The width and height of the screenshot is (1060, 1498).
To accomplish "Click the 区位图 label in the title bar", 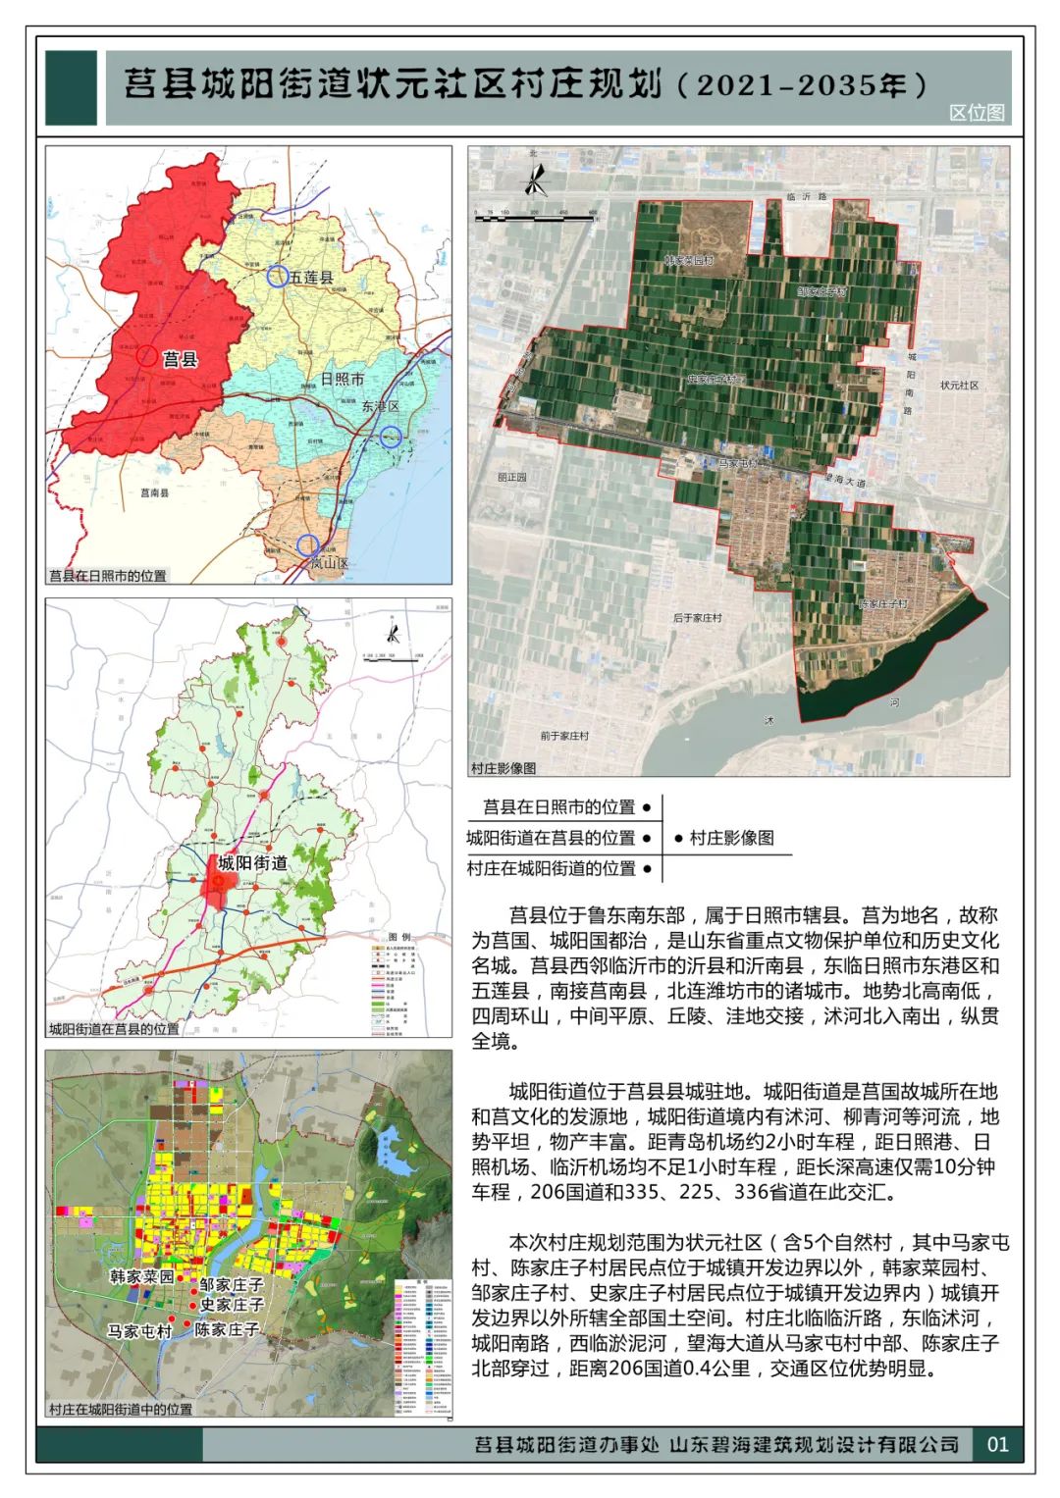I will (x=977, y=113).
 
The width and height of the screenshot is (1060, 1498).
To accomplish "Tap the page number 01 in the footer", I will (x=997, y=1444).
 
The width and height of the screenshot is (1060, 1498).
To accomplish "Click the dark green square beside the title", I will (x=72, y=87).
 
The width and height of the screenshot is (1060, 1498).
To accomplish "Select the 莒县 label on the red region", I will (x=181, y=360).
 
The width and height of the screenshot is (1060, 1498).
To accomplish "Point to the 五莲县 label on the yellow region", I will (x=311, y=279).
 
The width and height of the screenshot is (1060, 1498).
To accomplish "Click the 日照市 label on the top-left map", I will (x=343, y=379).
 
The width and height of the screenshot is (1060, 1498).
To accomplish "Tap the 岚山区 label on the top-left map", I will (x=330, y=564).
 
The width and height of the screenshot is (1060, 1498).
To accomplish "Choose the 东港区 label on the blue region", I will (x=380, y=406).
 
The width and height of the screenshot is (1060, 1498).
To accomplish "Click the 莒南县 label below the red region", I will (x=154, y=492).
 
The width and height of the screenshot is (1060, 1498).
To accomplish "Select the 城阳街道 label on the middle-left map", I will (x=252, y=863).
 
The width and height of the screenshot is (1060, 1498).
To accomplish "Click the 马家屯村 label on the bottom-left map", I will (x=139, y=1331).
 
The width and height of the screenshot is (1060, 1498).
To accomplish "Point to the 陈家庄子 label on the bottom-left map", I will (x=227, y=1329).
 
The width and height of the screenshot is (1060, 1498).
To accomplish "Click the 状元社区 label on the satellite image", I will (x=959, y=386).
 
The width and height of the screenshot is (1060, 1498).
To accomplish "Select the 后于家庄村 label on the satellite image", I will (x=697, y=618).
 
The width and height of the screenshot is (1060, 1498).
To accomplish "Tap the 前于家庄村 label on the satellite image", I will (x=564, y=736).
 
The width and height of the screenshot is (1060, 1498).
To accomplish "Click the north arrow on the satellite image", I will (x=535, y=181).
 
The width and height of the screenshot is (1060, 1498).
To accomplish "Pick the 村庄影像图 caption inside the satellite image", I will (x=503, y=767).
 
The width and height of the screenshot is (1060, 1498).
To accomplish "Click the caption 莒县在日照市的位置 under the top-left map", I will (x=108, y=576).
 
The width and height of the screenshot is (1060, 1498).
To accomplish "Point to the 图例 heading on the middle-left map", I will (x=399, y=937).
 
